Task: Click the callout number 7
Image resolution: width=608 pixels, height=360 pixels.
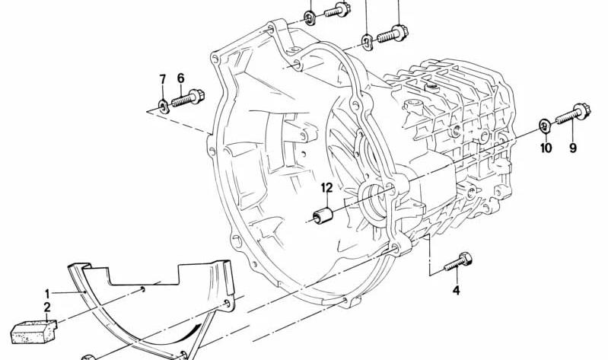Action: tap(163, 79)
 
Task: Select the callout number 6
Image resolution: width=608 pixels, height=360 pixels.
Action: tap(180, 78)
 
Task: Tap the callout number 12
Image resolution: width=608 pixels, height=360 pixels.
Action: tap(327, 188)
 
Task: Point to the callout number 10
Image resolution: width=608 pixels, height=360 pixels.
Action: tap(546, 148)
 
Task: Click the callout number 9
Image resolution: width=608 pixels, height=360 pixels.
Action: tap(573, 148)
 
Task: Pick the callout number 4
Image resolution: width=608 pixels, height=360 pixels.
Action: tap(457, 290)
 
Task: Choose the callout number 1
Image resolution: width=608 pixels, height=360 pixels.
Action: tap(47, 293)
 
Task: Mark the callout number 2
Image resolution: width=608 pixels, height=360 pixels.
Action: tap(47, 307)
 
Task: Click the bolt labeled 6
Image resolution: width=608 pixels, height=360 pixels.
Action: tap(188, 98)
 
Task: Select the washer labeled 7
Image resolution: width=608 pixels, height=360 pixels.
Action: tap(164, 105)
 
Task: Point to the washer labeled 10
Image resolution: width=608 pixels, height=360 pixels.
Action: tap(545, 126)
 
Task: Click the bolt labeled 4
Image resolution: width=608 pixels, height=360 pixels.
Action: tap(458, 262)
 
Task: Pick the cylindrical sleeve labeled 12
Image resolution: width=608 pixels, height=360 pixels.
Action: tap(323, 216)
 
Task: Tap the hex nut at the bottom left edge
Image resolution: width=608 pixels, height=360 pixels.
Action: tap(88, 357)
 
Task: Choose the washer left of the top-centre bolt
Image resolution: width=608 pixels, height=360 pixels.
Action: tap(310, 18)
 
